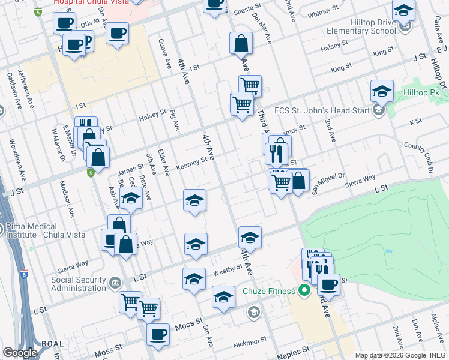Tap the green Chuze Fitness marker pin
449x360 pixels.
coord(304,292)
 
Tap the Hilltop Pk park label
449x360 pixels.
coord(421,93)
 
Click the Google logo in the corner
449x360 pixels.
coord(19,353)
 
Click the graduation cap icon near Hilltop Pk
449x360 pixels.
coord(382,92)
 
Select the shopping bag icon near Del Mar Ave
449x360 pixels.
coord(241,43)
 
